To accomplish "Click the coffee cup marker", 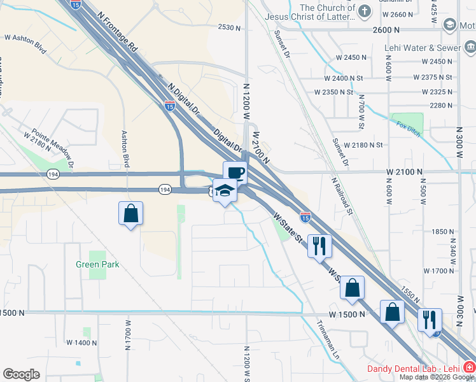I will coord(235,173).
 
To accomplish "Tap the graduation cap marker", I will coord(224,190).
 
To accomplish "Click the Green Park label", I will coord(97,264).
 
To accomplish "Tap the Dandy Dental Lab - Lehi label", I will coord(414,369).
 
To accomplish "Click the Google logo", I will coord(21,374).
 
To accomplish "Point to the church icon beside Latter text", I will coord(364,11).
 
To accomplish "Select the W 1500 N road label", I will coord(347,314).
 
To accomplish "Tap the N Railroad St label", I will coord(342,195).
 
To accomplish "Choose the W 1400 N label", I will coord(81,343).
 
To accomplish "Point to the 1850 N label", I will coord(441,232).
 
